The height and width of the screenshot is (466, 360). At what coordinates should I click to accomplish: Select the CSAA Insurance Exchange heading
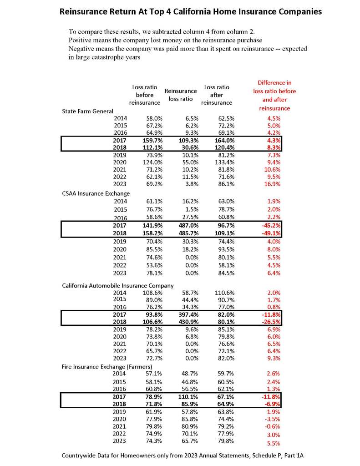(x=90, y=193)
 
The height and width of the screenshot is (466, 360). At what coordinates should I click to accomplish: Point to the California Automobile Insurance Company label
(x=118, y=285)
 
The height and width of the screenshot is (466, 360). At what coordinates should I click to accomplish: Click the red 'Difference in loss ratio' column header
(x=274, y=96)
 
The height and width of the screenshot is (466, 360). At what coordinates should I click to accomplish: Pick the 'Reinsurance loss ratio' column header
(x=181, y=95)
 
